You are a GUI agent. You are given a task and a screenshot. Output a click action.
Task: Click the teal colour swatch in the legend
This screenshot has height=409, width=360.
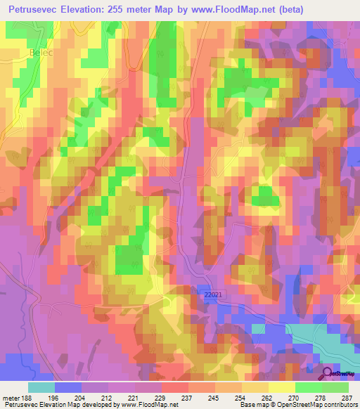pos(41,387)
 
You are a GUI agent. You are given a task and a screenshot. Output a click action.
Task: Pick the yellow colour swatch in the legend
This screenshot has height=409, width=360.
pos(281,387)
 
